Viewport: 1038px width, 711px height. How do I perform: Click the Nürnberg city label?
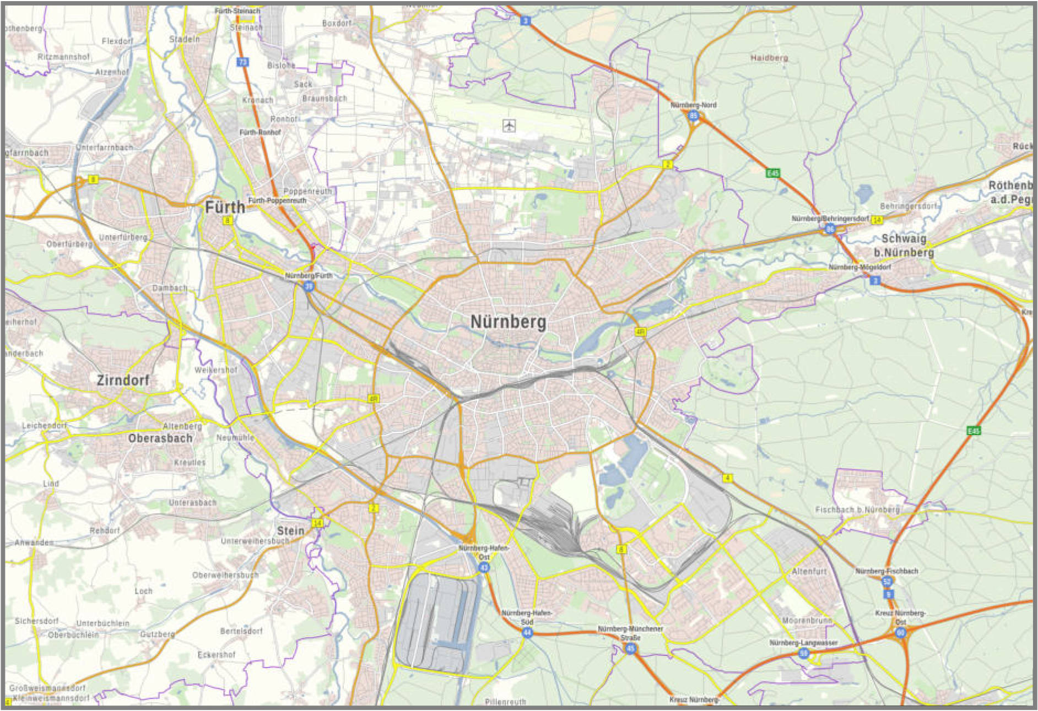508,321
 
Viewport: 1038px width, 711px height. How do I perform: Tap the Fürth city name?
225,208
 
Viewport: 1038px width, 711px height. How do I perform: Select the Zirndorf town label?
123,380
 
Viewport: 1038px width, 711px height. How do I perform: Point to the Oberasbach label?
160,438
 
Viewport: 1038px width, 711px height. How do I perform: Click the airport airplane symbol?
509,125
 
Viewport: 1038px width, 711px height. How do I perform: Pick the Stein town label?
290,530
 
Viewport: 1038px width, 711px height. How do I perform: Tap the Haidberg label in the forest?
769,58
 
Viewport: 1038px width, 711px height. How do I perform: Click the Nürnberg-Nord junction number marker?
694,116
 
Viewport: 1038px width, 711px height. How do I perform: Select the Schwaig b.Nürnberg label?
904,246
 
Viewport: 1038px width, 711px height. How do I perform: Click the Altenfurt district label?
809,571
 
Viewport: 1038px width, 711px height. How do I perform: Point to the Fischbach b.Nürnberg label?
857,510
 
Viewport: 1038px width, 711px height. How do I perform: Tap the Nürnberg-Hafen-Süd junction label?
526,617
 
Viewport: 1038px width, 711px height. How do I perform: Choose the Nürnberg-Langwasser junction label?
803,643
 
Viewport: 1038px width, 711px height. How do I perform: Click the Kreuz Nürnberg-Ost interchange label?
900,617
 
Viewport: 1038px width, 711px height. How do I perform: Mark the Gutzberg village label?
157,634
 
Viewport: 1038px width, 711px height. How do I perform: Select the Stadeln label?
185,39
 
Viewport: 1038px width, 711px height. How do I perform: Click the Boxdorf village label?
336,23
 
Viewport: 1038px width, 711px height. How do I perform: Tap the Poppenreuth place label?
307,191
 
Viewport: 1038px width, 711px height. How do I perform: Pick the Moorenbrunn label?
807,620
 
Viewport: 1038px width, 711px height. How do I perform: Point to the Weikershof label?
215,370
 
